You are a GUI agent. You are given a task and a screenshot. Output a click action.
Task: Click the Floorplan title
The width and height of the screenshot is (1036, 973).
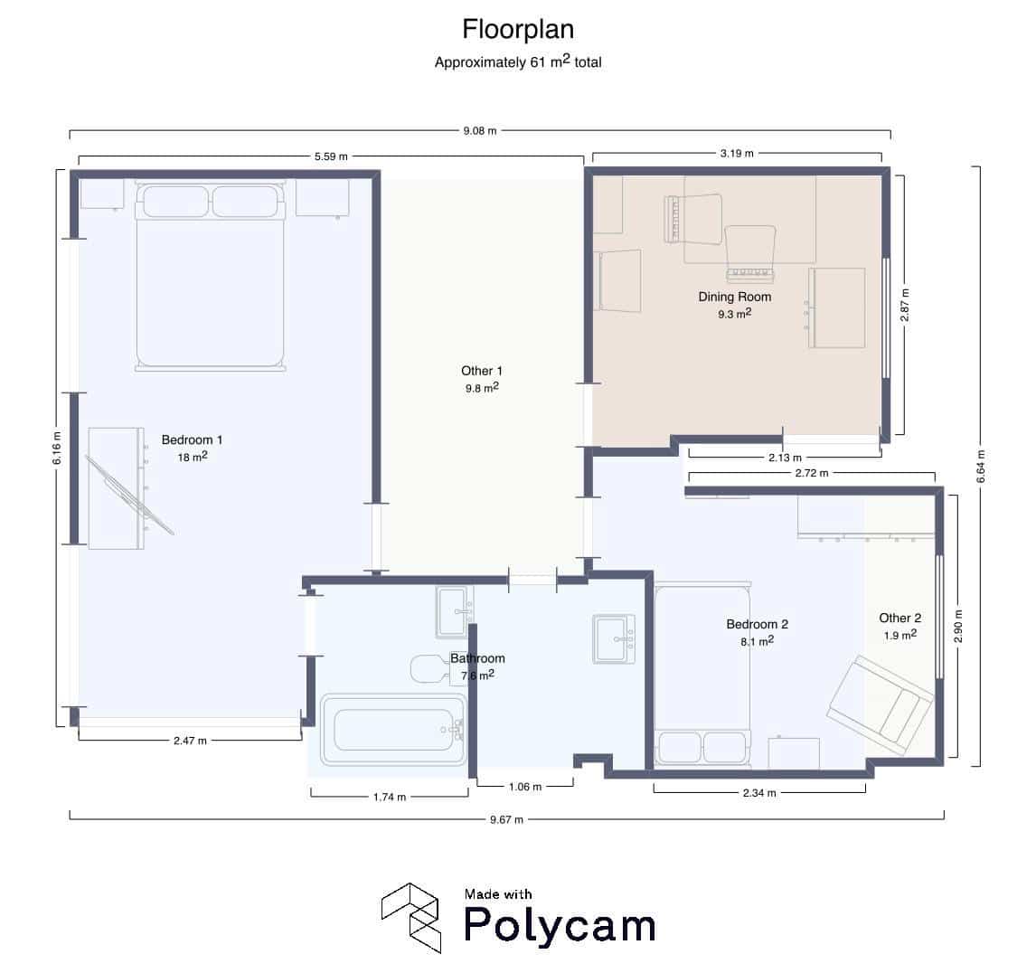click(x=518, y=29)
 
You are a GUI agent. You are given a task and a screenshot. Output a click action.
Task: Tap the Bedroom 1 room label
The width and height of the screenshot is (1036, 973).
click(x=193, y=440)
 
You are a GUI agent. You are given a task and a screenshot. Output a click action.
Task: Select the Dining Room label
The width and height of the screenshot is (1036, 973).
click(x=735, y=297)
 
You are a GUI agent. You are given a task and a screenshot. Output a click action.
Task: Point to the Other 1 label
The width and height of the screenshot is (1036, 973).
click(x=482, y=371)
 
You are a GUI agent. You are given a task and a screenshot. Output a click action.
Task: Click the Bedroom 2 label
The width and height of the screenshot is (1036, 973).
click(x=758, y=624)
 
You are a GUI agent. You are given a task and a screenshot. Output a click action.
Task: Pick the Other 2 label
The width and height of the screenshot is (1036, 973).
click(x=899, y=618)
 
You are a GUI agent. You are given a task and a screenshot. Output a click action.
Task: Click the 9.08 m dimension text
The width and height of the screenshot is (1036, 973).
click(x=480, y=131)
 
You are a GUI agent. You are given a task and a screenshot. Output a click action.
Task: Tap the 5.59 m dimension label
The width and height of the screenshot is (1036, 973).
click(x=331, y=156)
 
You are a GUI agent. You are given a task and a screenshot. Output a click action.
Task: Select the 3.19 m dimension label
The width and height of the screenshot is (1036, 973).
click(x=737, y=154)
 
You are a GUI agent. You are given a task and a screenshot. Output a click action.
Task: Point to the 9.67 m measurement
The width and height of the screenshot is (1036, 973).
click(x=507, y=819)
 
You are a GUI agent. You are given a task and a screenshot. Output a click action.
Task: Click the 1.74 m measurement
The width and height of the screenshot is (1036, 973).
click(x=390, y=798)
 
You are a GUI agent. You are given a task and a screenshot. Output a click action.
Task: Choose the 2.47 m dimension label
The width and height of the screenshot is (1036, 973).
click(x=190, y=741)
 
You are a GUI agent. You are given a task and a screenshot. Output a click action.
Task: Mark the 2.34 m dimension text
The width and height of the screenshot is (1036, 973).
click(x=759, y=792)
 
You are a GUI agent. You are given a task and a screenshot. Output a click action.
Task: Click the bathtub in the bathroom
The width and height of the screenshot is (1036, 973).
click(x=394, y=730)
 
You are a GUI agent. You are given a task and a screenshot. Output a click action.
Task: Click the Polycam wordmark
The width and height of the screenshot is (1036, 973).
click(x=560, y=925)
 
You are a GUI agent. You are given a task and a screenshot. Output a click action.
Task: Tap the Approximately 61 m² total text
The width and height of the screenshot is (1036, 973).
click(x=518, y=61)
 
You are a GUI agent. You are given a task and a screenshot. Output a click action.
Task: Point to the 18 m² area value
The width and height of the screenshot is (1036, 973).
click(x=193, y=457)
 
